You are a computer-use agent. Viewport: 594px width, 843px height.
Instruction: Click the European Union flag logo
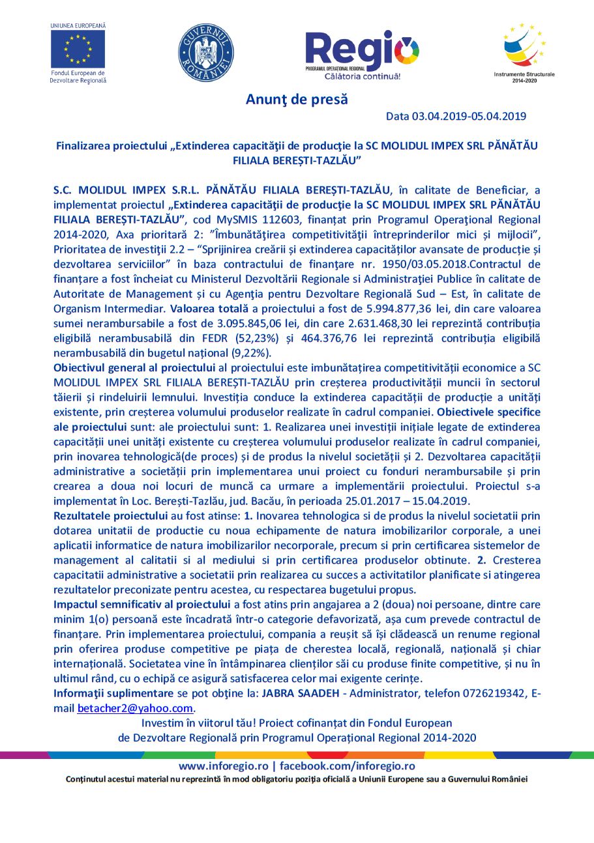pos(78,50)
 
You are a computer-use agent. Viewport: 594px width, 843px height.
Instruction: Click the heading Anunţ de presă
pos(297,100)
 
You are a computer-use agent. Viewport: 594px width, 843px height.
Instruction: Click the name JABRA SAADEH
pos(300,693)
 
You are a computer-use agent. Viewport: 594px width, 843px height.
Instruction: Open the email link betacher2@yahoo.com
pos(135,708)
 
